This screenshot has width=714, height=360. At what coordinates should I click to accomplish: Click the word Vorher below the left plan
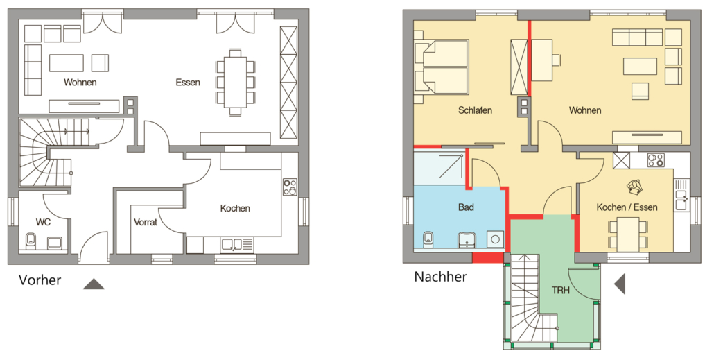pyautogui.click(x=40, y=280)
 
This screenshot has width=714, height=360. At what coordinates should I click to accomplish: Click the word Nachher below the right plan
pyautogui.click(x=440, y=277)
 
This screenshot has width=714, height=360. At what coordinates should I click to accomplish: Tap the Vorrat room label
pyautogui.click(x=146, y=223)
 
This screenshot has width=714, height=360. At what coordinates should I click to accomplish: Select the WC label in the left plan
pyautogui.click(x=43, y=223)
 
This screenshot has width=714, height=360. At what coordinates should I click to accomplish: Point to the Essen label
pyautogui.click(x=188, y=83)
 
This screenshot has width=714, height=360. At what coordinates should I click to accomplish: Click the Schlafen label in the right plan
pyautogui.click(x=475, y=110)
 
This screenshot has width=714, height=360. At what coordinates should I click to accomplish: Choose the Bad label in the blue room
pyautogui.click(x=466, y=207)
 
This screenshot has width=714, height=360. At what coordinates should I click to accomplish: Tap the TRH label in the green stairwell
pyautogui.click(x=561, y=290)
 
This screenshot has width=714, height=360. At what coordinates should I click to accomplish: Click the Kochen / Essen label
pyautogui.click(x=627, y=207)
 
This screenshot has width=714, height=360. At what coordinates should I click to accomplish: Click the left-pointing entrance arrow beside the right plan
pyautogui.click(x=619, y=284)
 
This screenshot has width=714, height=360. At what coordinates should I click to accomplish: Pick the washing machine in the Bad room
pyautogui.click(x=494, y=239)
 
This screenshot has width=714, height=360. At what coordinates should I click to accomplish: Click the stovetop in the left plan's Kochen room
pyautogui.click(x=289, y=186)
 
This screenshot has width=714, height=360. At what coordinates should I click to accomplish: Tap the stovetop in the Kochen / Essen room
pyautogui.click(x=656, y=160)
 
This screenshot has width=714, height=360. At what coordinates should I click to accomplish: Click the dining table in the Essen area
pyautogui.click(x=236, y=82)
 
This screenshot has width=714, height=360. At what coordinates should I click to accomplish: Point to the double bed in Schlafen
pyautogui.click(x=442, y=67)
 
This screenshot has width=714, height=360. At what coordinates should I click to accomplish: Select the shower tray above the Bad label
pyautogui.click(x=440, y=169)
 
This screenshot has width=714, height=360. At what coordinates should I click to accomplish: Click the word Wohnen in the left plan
pyautogui.click(x=80, y=83)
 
